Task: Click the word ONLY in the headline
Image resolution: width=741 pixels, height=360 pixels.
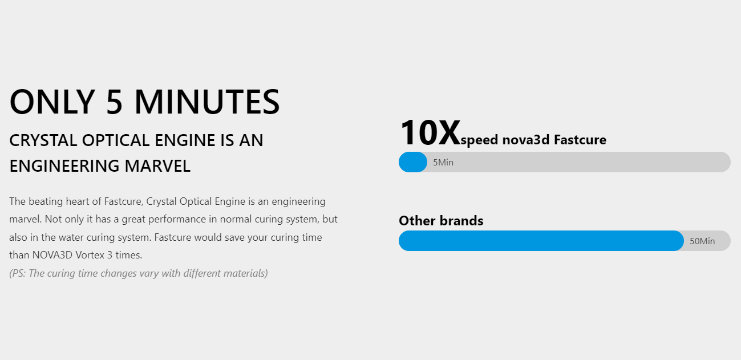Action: [52, 102]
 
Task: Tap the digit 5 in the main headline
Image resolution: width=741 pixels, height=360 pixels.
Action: [114, 102]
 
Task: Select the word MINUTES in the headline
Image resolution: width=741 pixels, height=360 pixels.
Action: [207, 102]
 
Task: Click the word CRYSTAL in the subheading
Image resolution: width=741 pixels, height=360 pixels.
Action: [43, 140]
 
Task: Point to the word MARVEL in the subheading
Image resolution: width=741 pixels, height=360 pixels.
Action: [157, 166]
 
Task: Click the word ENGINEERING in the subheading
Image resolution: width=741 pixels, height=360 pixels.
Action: [64, 166]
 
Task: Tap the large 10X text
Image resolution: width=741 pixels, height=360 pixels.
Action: [430, 133]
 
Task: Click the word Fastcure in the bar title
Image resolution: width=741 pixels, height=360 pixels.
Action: [580, 140]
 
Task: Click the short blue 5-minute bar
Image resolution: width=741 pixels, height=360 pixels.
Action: [413, 162]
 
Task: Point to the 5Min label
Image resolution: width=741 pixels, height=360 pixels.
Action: [443, 163]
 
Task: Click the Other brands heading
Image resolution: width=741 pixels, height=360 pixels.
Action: [441, 221]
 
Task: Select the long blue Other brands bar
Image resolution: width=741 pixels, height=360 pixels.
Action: [541, 241]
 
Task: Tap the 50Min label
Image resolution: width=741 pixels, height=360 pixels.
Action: [702, 241]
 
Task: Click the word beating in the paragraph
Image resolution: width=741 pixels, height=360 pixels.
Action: [46, 201]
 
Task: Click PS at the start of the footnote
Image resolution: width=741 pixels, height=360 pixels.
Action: [18, 273]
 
